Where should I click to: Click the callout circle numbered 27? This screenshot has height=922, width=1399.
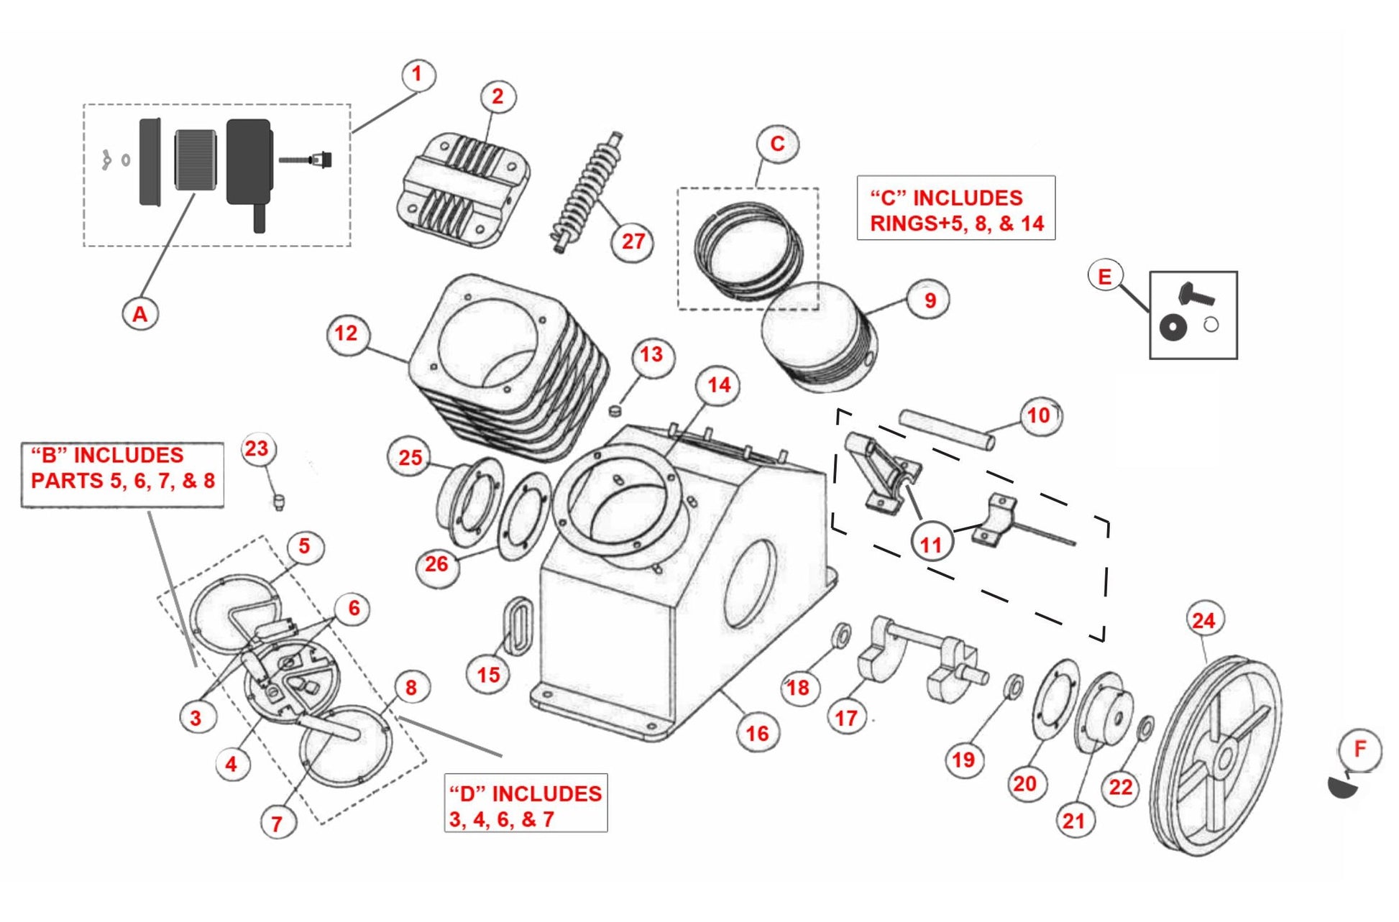(632, 241)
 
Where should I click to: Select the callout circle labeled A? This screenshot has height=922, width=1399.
(139, 314)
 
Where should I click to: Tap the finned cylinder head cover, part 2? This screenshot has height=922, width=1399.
(464, 189)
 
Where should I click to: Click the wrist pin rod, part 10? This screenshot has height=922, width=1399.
(947, 429)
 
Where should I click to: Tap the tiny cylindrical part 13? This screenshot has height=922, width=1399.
(615, 410)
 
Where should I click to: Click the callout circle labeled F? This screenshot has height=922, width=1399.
(1359, 750)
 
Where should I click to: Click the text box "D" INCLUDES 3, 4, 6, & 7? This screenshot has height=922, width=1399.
(526, 803)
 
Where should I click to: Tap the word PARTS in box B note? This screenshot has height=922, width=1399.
(67, 481)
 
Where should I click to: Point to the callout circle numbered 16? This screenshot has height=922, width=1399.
(757, 734)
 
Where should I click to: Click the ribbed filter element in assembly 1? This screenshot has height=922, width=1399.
(196, 160)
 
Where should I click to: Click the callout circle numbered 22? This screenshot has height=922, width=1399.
(1121, 787)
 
